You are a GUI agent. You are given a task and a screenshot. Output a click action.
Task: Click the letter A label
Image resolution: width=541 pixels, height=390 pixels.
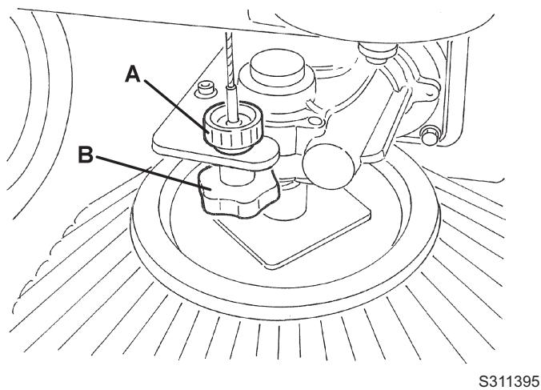coord(133,75)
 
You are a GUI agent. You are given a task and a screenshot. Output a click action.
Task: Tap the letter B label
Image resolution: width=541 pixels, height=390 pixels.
coord(86,155)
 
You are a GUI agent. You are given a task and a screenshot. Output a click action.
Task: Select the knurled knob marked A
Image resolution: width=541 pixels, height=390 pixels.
coord(233,127)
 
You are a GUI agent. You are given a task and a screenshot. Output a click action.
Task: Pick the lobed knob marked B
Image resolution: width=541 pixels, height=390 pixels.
coord(238,192)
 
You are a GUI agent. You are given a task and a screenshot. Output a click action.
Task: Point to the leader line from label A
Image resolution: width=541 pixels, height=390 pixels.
coord(175,107)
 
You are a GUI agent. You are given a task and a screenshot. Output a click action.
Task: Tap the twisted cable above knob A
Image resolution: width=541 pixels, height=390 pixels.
coord(230,59)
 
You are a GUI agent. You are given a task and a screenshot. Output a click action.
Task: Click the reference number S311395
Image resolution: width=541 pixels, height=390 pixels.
coord(509,381)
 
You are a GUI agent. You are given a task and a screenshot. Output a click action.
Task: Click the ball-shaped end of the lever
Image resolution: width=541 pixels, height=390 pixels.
coord(328,166)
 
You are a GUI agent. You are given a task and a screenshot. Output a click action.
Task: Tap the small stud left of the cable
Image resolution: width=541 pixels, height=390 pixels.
coord(206,90)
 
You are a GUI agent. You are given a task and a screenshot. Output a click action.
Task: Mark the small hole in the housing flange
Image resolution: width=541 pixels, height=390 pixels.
coord(315,121)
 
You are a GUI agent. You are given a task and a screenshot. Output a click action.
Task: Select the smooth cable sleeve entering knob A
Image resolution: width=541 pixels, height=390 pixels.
coord(232,104)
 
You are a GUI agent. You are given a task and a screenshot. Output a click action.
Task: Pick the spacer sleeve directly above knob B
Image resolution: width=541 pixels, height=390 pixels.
coord(237,175)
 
